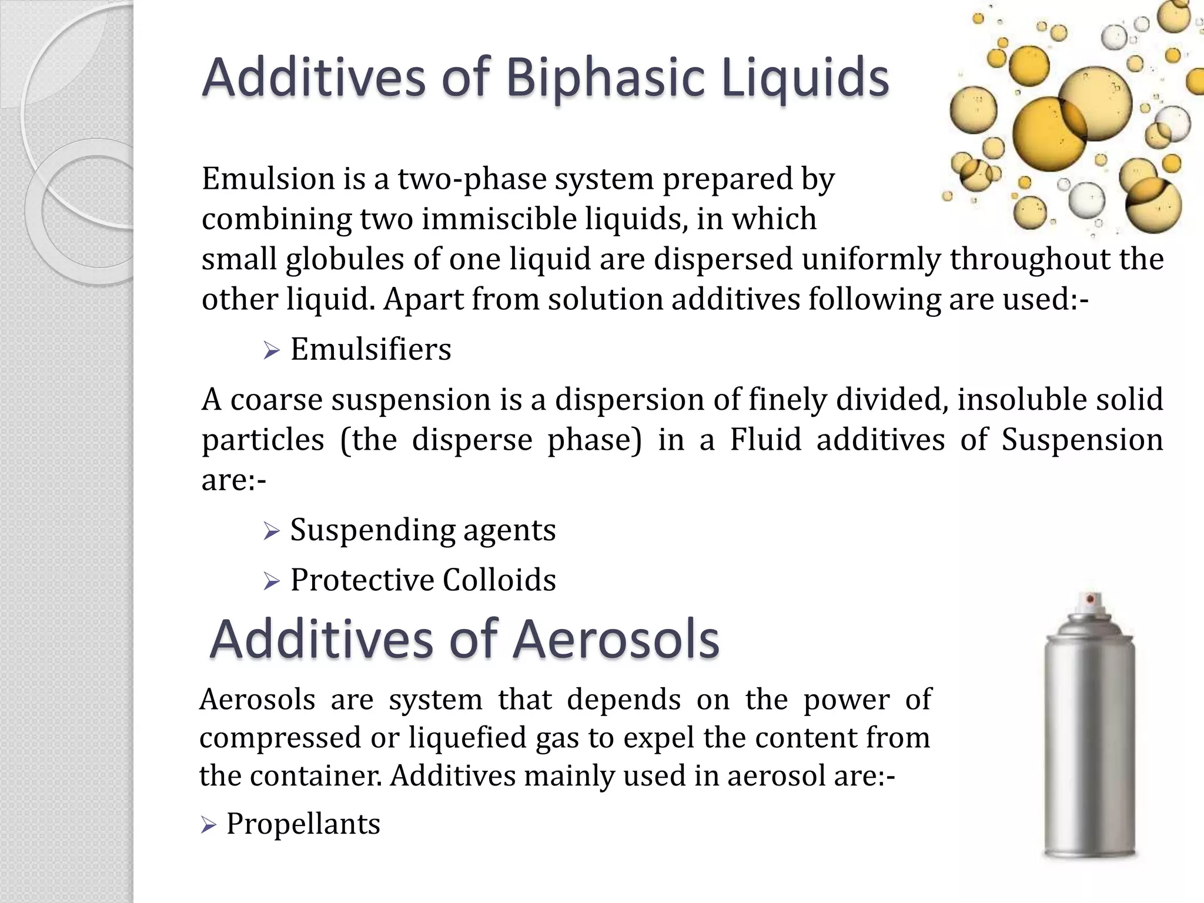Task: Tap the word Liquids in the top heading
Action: [805, 78]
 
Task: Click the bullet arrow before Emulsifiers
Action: [271, 352]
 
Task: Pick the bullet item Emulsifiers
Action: [370, 349]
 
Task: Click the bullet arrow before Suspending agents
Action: [271, 532]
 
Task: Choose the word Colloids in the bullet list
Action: [499, 580]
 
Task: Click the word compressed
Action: [280, 738]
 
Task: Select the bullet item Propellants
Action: [303, 824]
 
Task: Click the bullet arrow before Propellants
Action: [208, 825]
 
